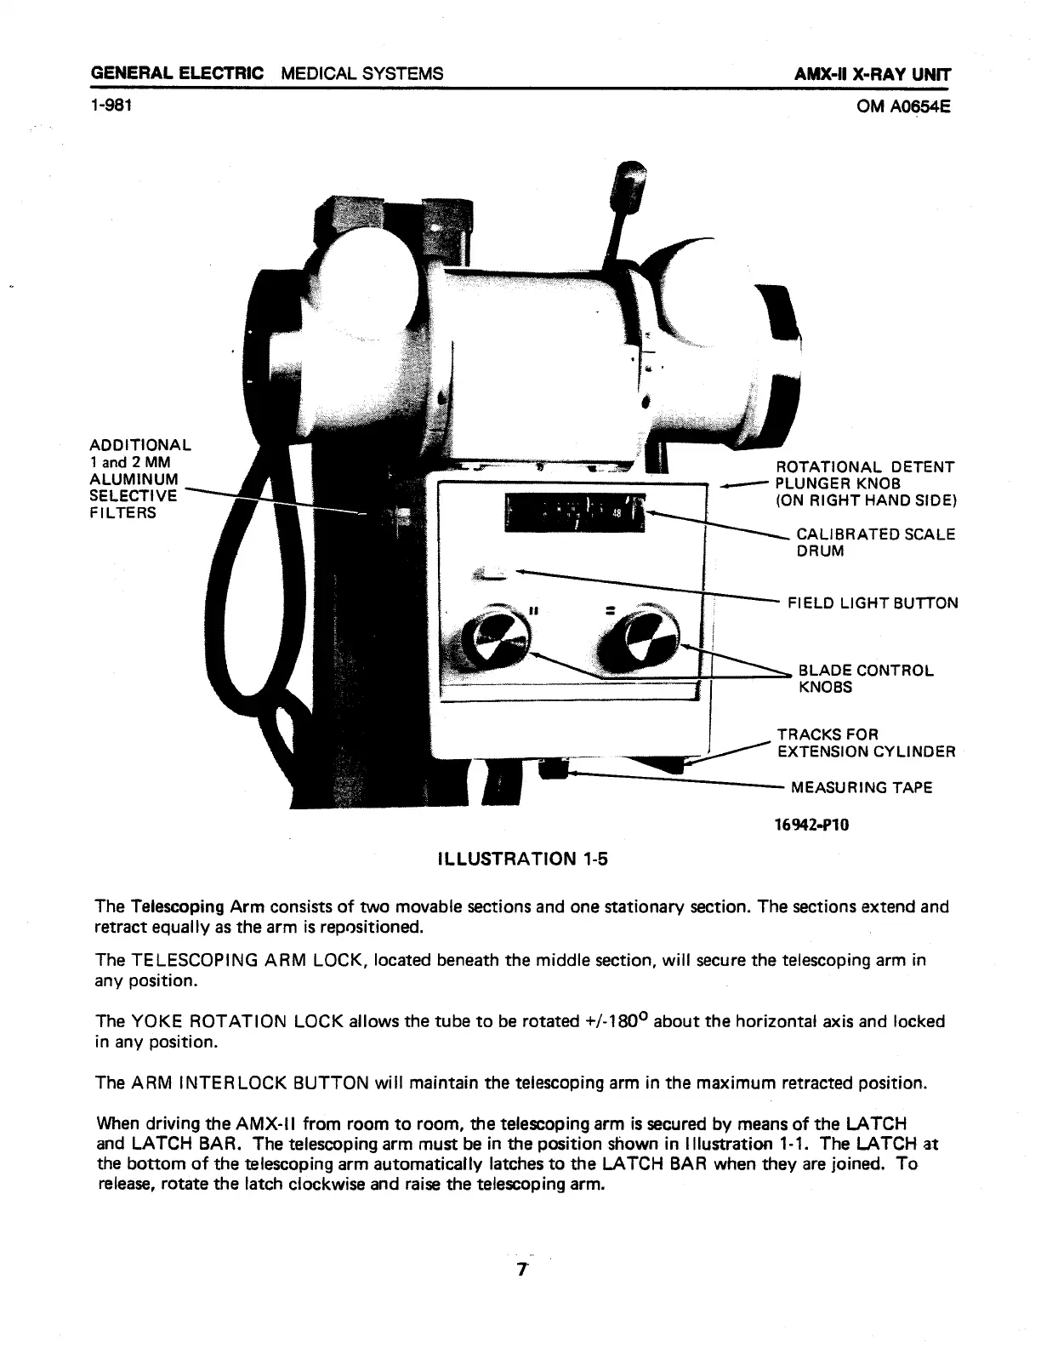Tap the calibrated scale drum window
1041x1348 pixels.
click(x=574, y=511)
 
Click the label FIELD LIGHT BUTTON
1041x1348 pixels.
click(x=873, y=603)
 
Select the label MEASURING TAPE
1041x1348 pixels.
click(x=862, y=787)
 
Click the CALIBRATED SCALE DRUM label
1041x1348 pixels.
click(x=875, y=542)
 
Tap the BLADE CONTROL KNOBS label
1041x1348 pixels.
click(x=865, y=678)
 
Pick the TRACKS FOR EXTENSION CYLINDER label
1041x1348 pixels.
click(x=866, y=743)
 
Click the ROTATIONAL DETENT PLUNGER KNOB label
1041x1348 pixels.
click(x=865, y=483)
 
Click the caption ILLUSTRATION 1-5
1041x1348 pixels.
click(x=522, y=859)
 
